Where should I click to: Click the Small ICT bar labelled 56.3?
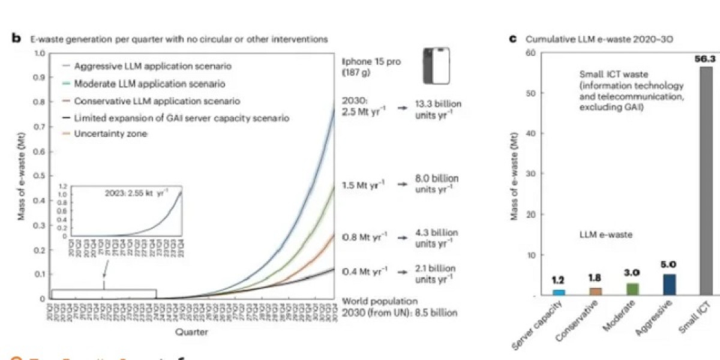tap(706, 180)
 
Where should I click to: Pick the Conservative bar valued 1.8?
tap(596, 292)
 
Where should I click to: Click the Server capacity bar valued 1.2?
tap(559, 292)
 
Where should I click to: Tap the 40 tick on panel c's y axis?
tap(530, 133)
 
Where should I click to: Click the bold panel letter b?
tap(17, 38)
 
